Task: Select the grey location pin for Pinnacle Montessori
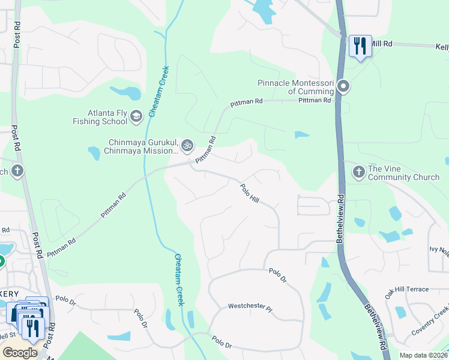pyautogui.click(x=343, y=87)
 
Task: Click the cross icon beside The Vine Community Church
pyautogui.click(x=358, y=173)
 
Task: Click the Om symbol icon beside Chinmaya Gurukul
pyautogui.click(x=187, y=145)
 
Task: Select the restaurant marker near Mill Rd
pyautogui.click(x=360, y=46)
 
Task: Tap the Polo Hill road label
pyautogui.click(x=250, y=193)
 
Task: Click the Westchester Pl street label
pyautogui.click(x=250, y=307)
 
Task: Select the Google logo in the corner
pyautogui.click(x=20, y=352)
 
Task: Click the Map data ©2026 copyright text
pyautogui.click(x=423, y=355)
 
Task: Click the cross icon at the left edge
pyautogui.click(x=17, y=170)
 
